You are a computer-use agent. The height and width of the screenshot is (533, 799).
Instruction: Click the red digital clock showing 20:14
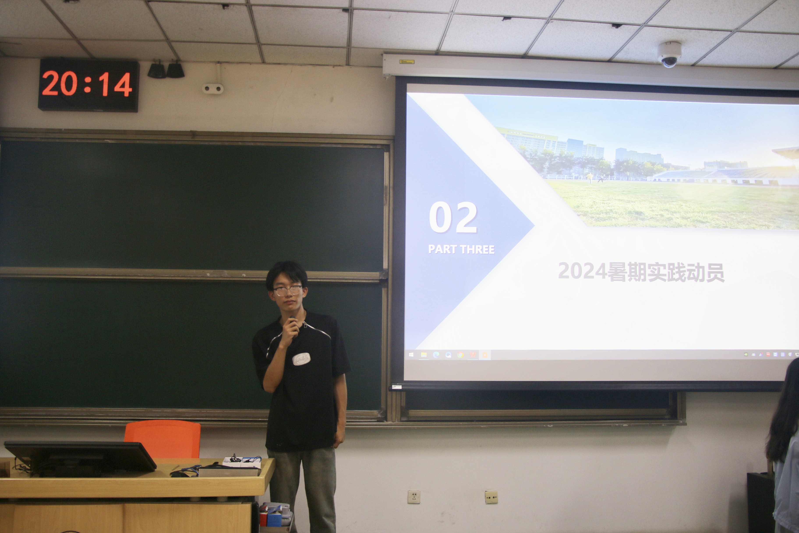(88, 85)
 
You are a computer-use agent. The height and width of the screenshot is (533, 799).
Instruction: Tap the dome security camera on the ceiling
(669, 54)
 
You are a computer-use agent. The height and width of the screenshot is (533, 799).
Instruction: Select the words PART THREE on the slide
(461, 249)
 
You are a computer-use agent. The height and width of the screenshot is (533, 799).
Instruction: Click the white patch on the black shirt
(301, 359)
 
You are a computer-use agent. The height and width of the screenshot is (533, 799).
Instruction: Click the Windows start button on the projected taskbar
(411, 355)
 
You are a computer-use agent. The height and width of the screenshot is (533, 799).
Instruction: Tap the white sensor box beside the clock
(213, 89)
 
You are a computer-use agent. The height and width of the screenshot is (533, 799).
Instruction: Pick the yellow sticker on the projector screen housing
(407, 62)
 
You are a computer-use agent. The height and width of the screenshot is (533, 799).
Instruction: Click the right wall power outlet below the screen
(491, 497)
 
